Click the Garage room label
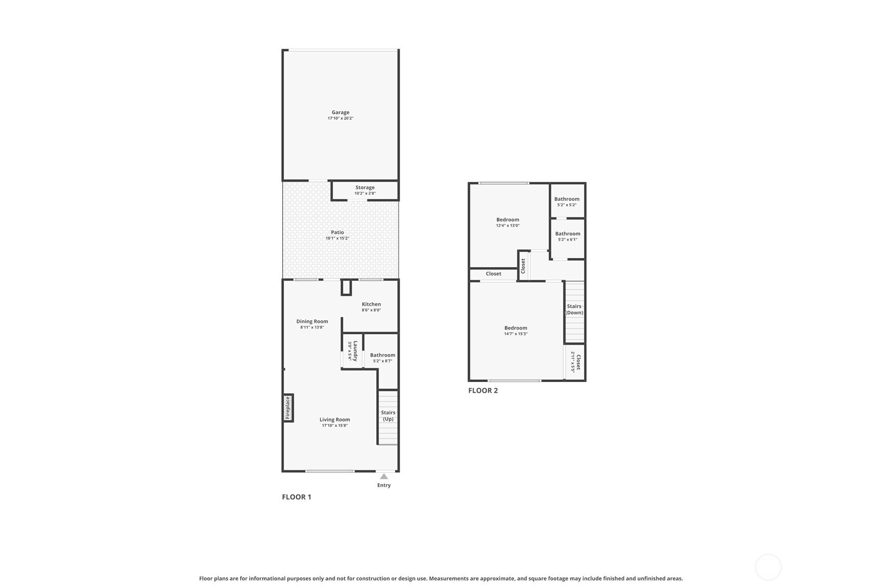click(x=340, y=113)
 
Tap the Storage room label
click(x=365, y=187)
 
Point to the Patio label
click(x=337, y=233)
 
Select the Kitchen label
click(x=371, y=304)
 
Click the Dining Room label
click(x=312, y=321)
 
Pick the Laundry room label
click(x=355, y=351)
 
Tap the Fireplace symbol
click(x=288, y=408)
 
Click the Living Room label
click(x=335, y=419)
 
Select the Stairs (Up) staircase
click(x=388, y=417)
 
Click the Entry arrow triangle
click(x=384, y=476)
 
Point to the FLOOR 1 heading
click(x=296, y=497)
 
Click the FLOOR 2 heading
click(x=483, y=390)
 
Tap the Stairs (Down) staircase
click(x=574, y=312)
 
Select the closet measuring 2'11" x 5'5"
click(x=575, y=362)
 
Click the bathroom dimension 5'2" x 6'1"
click(x=568, y=239)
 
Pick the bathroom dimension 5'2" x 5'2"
click(x=567, y=205)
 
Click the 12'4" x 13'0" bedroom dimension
click(x=508, y=226)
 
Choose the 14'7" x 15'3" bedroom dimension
click(x=516, y=334)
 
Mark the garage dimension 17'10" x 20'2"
click(x=340, y=118)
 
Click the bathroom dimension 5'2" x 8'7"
click(x=383, y=361)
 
